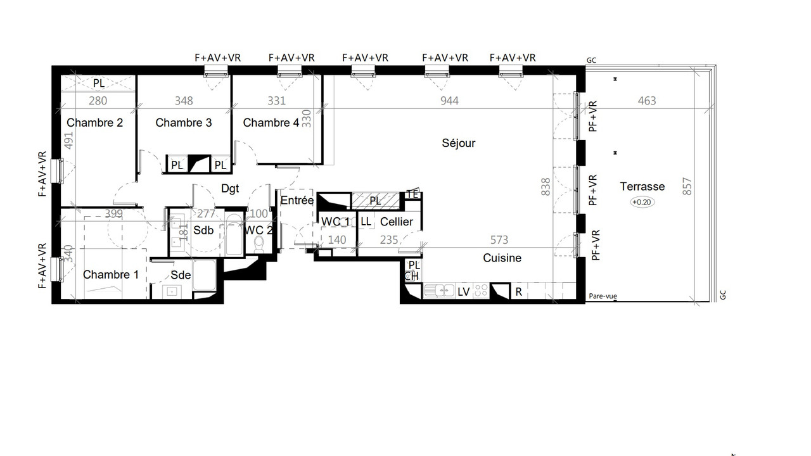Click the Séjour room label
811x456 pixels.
point(458,143)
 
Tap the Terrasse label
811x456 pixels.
point(642,186)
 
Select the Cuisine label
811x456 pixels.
point(502,258)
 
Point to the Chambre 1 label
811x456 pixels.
point(111,275)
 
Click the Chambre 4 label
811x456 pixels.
point(271,123)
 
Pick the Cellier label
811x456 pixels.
point(397,222)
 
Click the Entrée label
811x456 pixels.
point(297,200)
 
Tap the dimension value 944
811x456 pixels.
point(449,101)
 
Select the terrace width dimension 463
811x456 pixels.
point(647,101)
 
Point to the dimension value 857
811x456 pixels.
point(687,186)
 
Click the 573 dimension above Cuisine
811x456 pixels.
point(499,239)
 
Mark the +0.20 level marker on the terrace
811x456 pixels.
point(642,202)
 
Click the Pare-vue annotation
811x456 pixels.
point(603,296)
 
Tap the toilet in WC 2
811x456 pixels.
point(259,244)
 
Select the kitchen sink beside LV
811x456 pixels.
point(439,290)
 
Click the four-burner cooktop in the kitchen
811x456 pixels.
point(481,290)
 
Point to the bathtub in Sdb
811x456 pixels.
point(234,234)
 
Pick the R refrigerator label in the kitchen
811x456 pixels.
point(518,292)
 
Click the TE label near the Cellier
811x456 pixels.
point(412,194)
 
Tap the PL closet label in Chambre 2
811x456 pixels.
point(99,83)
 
